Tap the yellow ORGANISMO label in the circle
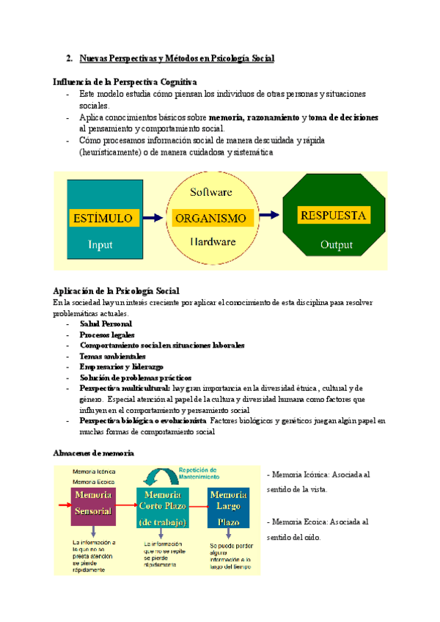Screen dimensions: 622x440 coord(210,218)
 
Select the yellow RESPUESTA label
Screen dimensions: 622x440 coord(333,216)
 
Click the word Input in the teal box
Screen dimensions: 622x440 coord(100,244)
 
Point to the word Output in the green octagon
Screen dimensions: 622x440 coord(336,245)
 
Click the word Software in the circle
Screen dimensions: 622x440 coord(211,192)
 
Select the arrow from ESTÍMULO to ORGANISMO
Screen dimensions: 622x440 coord(152,218)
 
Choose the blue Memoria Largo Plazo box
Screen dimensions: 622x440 coord(229,508)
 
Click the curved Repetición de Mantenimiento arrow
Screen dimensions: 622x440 coord(159,478)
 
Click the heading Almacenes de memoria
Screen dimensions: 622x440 coord(93,453)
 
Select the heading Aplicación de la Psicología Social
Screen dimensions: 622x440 coord(117,290)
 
